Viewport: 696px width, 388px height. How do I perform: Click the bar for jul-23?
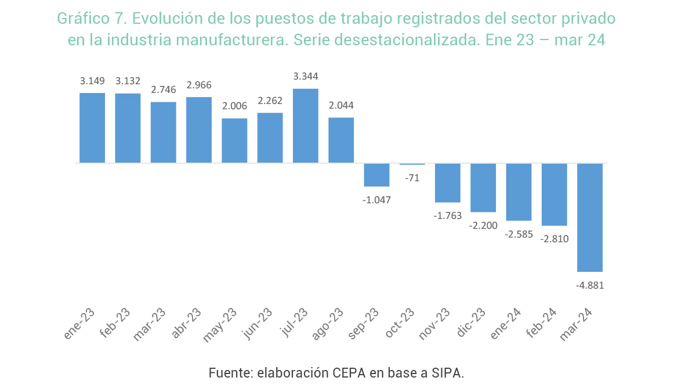(x=306, y=125)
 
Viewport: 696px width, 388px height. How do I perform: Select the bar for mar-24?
(x=590, y=217)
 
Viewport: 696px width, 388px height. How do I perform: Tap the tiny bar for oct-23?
(x=412, y=164)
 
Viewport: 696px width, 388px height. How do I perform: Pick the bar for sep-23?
(x=377, y=175)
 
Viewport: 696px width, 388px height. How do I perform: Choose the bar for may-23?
(x=234, y=141)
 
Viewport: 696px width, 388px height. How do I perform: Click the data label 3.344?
(x=306, y=77)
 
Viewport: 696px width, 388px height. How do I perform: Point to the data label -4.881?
(x=590, y=286)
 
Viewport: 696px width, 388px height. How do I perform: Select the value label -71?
(x=412, y=178)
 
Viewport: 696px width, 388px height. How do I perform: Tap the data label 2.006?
(x=234, y=106)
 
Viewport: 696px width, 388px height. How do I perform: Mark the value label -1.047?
(x=377, y=200)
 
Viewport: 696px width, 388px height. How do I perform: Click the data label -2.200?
(x=484, y=225)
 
